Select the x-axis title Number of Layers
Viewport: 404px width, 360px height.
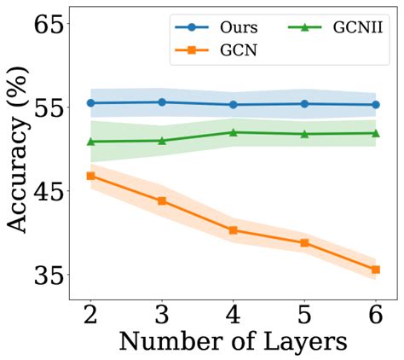233,342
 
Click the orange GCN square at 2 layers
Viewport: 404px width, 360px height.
90,176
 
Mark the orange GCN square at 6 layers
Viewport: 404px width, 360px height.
375,270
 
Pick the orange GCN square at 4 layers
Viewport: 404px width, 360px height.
233,230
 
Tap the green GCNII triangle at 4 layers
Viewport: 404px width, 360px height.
233,132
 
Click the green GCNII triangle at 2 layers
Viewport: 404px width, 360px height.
90,141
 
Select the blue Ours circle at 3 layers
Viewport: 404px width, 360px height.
162,102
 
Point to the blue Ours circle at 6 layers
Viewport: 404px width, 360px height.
375,105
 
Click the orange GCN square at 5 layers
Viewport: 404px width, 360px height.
304,243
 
